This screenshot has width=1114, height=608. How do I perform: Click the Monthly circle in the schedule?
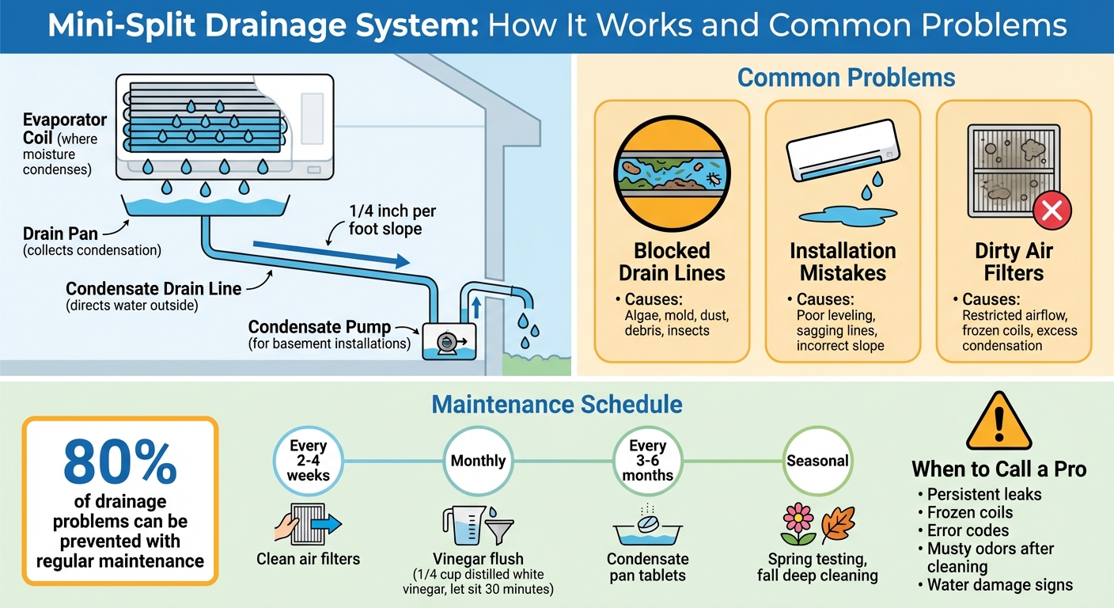(x=478, y=461)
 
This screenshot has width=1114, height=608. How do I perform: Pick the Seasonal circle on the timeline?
(x=817, y=461)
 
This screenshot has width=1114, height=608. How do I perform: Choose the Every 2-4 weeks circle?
(x=308, y=461)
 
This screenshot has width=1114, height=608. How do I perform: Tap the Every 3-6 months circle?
(x=647, y=461)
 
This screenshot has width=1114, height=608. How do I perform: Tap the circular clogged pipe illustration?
(x=672, y=175)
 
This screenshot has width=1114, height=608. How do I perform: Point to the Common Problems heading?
(x=846, y=78)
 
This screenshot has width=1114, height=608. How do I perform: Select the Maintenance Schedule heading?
(x=556, y=405)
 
